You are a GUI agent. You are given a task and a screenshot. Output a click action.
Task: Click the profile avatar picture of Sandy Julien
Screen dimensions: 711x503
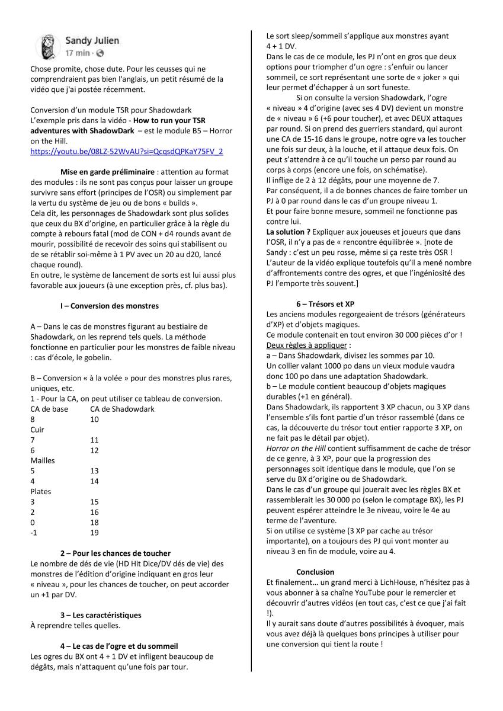[x=47, y=46]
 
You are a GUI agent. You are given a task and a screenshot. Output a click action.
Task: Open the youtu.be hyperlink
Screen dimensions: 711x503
[x=127, y=152]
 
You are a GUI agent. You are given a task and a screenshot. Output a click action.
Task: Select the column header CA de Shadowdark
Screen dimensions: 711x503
[x=122, y=409]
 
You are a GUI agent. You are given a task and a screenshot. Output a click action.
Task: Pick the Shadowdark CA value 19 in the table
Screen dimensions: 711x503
[x=95, y=532]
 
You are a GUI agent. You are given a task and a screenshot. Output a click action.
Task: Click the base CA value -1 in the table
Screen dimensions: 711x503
[x=33, y=532]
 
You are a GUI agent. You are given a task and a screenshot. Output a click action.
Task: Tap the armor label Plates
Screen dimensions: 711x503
[x=39, y=491]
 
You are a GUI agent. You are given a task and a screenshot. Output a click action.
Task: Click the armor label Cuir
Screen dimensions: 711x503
[x=37, y=429]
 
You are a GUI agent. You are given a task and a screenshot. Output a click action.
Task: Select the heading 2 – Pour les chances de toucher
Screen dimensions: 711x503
[x=116, y=553]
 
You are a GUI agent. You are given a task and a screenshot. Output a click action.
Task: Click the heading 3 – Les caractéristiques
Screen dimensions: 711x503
[x=101, y=614]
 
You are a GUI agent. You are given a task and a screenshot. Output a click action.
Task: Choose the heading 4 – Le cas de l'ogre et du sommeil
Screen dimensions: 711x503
[x=118, y=645]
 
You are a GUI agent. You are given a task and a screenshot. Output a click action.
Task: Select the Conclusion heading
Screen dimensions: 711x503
[x=315, y=572]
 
